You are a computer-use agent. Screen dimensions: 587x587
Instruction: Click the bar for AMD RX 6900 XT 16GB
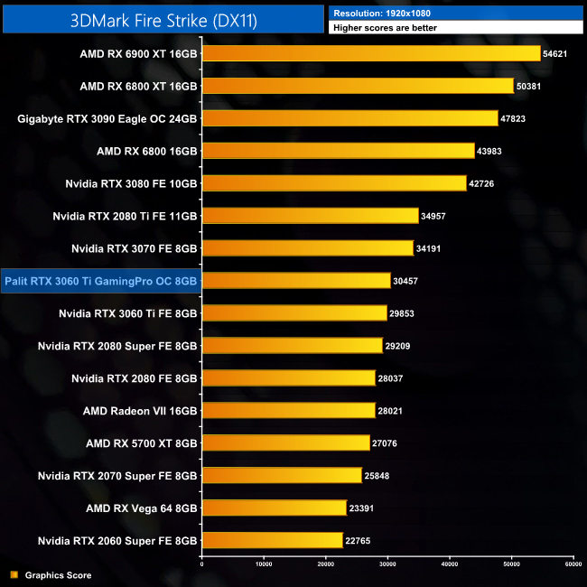[370, 53]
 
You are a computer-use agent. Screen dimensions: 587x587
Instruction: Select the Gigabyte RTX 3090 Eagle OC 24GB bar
[349, 118]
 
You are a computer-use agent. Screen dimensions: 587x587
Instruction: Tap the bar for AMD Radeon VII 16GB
[288, 411]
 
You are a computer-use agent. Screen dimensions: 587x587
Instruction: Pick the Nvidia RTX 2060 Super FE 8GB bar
[272, 541]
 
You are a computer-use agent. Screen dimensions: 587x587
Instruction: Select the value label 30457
[405, 281]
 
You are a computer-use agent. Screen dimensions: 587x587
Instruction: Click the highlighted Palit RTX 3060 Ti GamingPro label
[101, 281]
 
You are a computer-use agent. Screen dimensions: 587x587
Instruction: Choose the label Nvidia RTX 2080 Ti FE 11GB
[125, 216]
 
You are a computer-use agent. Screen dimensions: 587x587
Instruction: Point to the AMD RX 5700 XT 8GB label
[141, 443]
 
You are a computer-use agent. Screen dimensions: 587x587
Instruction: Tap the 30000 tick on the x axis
[387, 564]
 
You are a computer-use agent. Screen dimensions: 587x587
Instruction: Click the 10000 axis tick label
[264, 564]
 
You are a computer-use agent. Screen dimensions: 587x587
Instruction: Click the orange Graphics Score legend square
[14, 575]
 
